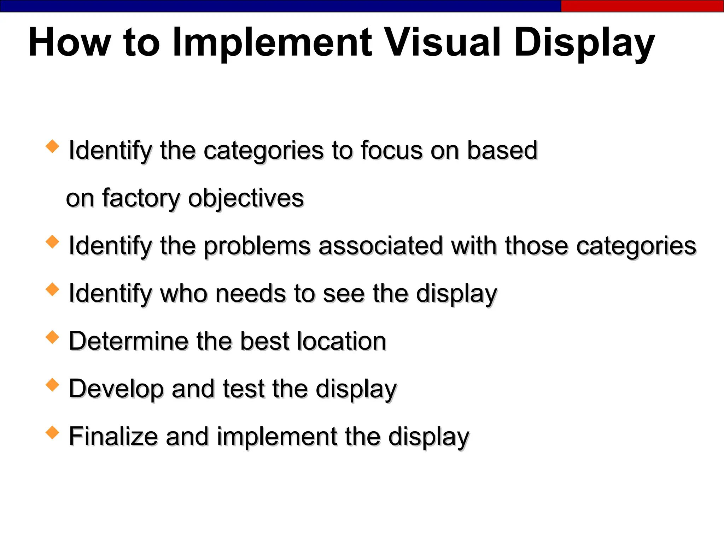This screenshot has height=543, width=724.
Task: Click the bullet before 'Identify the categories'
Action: click(52, 146)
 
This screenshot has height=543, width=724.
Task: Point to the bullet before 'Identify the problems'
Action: click(52, 242)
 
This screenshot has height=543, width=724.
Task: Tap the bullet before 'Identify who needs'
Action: click(52, 290)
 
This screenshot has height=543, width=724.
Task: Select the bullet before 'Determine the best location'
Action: click(52, 337)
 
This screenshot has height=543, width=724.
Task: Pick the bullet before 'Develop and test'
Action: click(52, 385)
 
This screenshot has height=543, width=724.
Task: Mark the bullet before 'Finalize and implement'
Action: click(52, 433)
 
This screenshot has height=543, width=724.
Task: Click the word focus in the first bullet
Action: click(391, 150)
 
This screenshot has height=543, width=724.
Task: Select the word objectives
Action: click(246, 198)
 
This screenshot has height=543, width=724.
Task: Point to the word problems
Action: click(257, 246)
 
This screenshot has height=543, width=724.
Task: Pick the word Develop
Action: click(116, 389)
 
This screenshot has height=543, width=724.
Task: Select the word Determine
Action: click(128, 341)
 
